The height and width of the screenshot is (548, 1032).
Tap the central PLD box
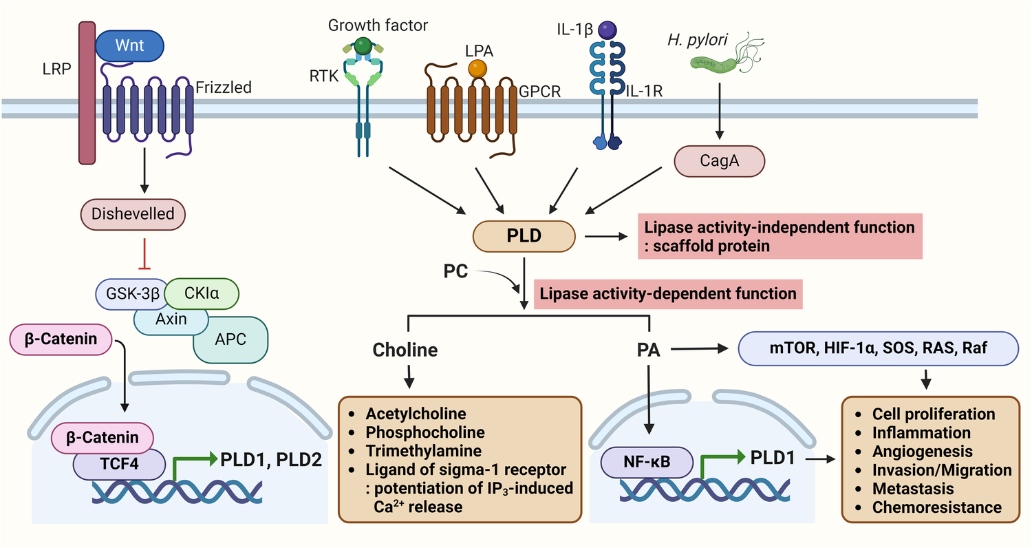pyautogui.click(x=524, y=236)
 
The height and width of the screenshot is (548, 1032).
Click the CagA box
pyautogui.click(x=720, y=162)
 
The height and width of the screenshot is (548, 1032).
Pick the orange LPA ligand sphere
pyautogui.click(x=477, y=69)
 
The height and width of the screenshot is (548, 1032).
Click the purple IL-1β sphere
pyautogui.click(x=608, y=30)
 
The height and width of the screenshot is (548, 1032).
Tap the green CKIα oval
pyautogui.click(x=202, y=294)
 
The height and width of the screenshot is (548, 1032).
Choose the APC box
pyautogui.click(x=230, y=339)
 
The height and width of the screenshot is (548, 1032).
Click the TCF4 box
pyautogui.click(x=119, y=465)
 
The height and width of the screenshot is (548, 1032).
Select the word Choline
pyautogui.click(x=405, y=350)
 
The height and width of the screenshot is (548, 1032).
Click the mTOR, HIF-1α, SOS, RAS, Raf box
pyautogui.click(x=878, y=350)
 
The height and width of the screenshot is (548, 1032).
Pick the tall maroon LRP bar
pyautogui.click(x=87, y=93)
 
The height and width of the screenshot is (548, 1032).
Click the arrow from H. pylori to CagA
pyautogui.click(x=720, y=114)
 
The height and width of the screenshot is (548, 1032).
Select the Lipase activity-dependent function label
pyautogui.click(x=667, y=294)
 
